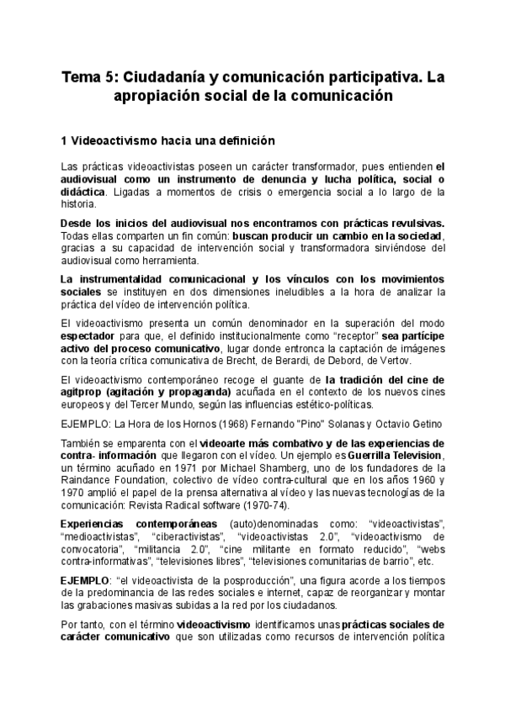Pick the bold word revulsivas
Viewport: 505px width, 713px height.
tap(412, 223)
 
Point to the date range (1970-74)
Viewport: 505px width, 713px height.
tap(265, 504)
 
